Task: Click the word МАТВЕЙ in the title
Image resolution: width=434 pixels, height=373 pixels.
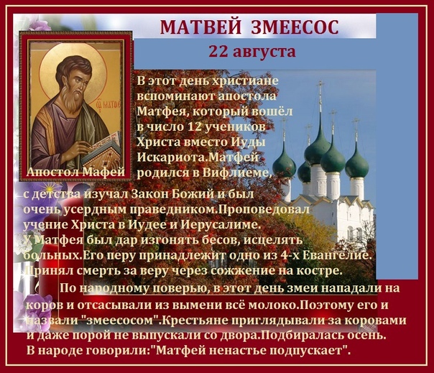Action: click(x=200, y=27)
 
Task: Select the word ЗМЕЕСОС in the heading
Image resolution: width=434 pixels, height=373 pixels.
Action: click(x=295, y=27)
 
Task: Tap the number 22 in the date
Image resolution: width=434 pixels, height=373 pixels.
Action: click(x=218, y=51)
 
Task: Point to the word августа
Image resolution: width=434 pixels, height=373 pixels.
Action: click(x=264, y=52)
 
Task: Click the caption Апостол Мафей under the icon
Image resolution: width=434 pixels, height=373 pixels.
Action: click(x=76, y=172)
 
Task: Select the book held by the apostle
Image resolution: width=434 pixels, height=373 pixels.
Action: click(x=102, y=149)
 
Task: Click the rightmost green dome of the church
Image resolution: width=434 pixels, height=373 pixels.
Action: click(x=356, y=163)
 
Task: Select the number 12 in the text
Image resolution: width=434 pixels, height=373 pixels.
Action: click(x=194, y=126)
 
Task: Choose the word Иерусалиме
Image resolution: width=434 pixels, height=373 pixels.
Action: click(x=221, y=224)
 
